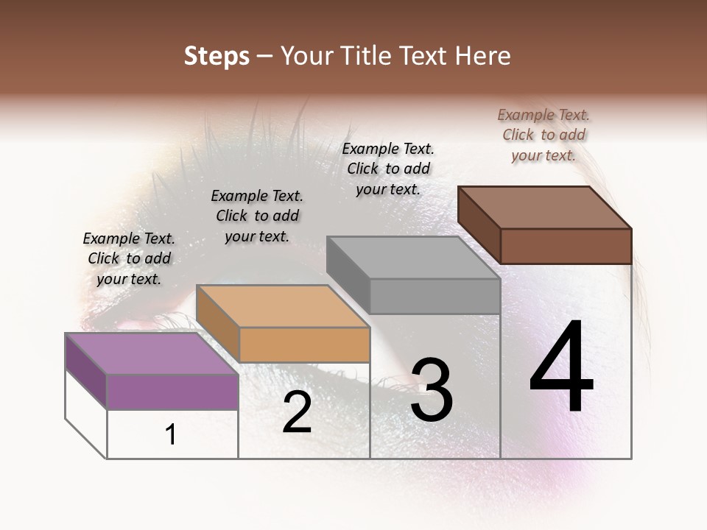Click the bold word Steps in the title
217,56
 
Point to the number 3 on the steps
432,390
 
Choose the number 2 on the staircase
297,413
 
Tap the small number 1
171,435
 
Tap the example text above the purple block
129,258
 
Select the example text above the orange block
257,216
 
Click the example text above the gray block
388,169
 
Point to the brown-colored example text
544,135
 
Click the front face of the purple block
172,392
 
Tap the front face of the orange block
304,344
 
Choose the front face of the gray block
435,296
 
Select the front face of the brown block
566,246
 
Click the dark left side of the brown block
479,224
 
